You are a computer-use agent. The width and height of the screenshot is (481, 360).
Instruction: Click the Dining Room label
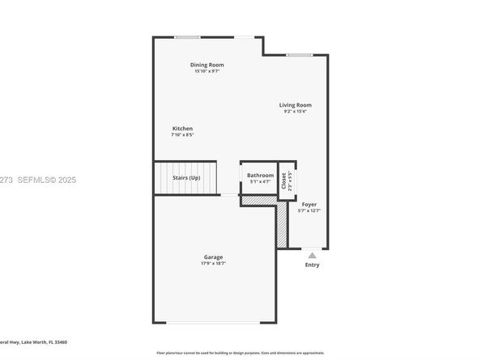coord(207,65)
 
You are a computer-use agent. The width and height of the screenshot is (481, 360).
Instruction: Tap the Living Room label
coord(296,105)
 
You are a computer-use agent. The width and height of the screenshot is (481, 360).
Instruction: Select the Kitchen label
coord(182,129)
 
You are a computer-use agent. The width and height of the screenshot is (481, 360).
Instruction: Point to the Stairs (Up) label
coord(185,177)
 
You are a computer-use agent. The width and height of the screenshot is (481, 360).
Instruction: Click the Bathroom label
coord(260,175)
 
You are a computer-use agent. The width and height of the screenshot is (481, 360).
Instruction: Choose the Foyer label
coord(309,205)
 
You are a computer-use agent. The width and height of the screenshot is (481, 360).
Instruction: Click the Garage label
coord(213,257)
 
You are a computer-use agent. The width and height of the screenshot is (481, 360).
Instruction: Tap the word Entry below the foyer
coord(312,265)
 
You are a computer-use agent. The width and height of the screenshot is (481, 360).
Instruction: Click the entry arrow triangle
coord(312,254)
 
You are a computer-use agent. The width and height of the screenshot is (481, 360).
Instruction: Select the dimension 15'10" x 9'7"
coord(207,71)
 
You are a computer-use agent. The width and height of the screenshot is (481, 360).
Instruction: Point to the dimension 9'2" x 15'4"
coord(296,112)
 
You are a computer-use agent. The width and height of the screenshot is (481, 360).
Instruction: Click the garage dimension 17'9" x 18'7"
coord(213,264)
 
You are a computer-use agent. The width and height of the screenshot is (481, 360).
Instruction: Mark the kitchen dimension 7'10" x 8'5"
coord(182,135)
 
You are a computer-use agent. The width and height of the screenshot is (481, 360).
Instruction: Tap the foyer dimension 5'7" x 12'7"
coord(309,211)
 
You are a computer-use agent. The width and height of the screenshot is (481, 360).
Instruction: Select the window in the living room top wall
coord(300,55)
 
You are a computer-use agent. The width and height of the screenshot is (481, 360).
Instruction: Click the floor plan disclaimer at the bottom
coord(240,353)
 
